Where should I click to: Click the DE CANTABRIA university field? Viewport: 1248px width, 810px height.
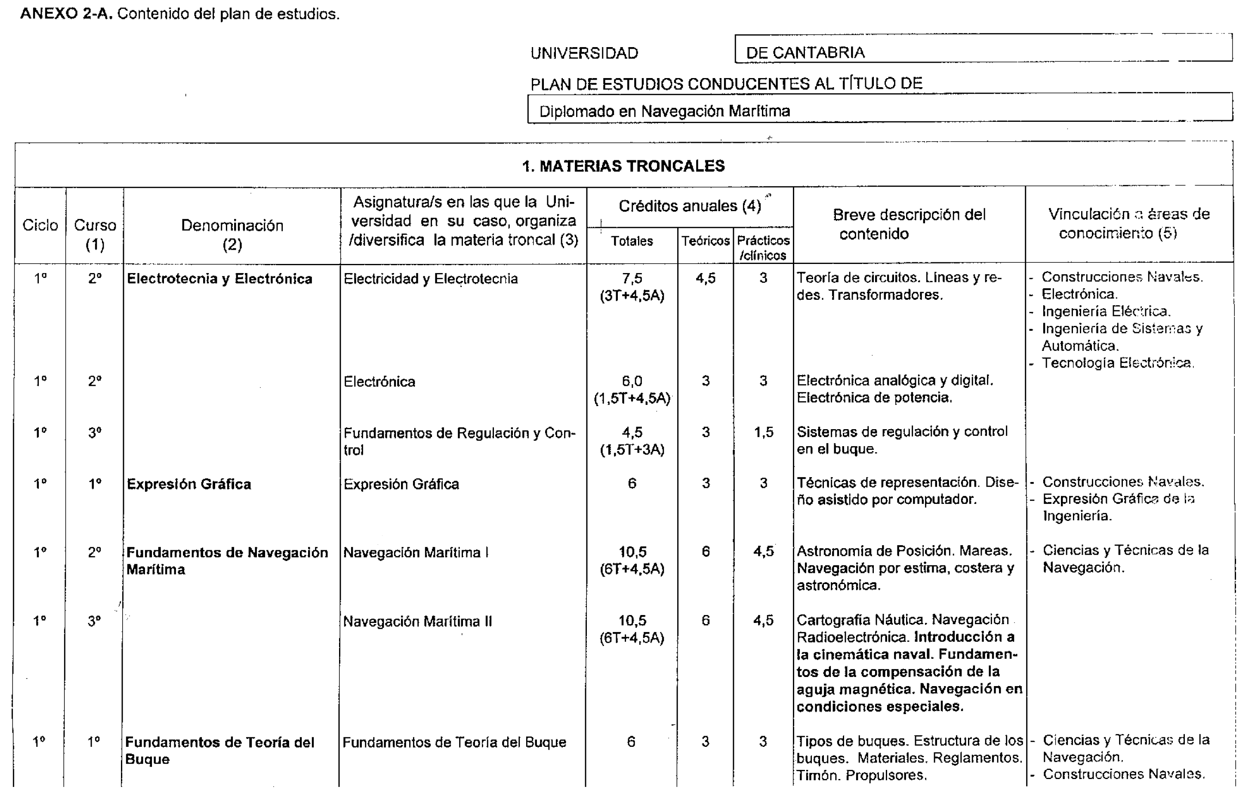point(805,52)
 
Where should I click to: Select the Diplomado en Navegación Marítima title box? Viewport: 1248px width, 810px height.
point(664,111)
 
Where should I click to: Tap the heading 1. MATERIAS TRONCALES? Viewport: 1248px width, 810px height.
point(624,166)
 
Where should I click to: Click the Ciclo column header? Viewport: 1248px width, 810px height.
point(40,225)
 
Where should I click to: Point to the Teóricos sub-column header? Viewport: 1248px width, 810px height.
point(705,241)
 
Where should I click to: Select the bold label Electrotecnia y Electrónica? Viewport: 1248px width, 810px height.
point(219,278)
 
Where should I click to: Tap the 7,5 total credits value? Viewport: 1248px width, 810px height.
point(632,278)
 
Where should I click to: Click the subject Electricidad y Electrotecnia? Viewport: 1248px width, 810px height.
point(430,278)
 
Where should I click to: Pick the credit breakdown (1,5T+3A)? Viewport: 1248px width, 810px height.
point(632,449)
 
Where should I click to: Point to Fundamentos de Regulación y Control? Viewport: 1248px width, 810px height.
point(459,433)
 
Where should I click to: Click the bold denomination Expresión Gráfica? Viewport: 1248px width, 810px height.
point(189,484)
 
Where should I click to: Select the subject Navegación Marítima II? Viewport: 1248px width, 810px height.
point(418,622)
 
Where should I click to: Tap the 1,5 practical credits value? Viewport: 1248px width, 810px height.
point(764,432)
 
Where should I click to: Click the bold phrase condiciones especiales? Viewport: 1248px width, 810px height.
point(879,706)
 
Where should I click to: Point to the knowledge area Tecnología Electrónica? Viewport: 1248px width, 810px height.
point(1117,363)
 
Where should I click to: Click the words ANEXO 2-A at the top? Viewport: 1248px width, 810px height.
point(66,14)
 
